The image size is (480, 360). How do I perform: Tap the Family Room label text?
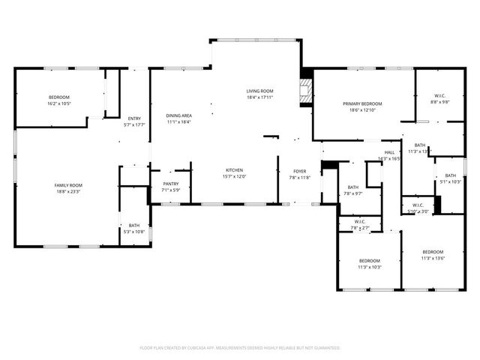[x=67, y=184]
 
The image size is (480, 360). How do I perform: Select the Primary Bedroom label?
[x=362, y=103]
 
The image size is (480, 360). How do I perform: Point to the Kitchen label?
[x=234, y=170]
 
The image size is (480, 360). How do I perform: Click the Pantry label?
[x=170, y=184]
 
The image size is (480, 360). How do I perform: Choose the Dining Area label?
[x=178, y=115]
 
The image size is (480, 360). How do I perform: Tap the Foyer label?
[x=299, y=171]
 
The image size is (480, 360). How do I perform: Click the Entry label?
[x=134, y=118]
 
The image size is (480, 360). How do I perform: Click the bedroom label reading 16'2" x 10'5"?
[x=59, y=97]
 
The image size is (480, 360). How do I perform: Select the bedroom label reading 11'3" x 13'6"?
[x=433, y=251]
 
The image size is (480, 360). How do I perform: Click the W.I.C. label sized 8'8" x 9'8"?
[x=439, y=95]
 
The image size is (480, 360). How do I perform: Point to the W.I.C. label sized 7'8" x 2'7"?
[x=360, y=221]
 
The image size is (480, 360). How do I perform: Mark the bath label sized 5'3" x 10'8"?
[x=133, y=225]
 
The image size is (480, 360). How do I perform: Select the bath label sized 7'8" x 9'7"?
[x=352, y=187]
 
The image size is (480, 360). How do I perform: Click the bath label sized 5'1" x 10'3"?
[x=450, y=175]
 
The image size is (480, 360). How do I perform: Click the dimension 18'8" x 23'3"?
[x=67, y=191]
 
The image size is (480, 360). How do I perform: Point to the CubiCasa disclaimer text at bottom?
[x=240, y=348]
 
